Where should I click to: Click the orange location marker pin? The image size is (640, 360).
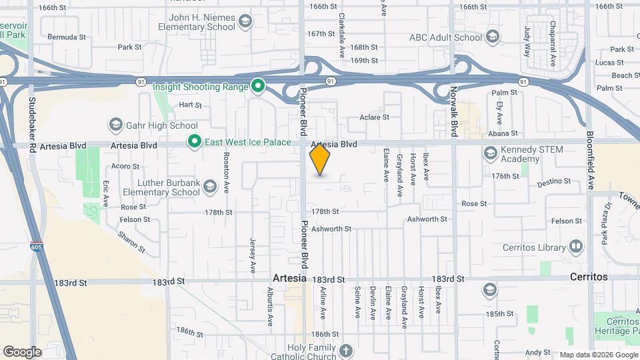pyautogui.click(x=320, y=159)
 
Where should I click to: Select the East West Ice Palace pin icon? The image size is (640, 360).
pyautogui.click(x=194, y=141)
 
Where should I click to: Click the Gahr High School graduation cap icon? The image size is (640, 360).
pyautogui.click(x=116, y=125)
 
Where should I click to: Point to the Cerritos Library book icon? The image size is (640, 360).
pyautogui.click(x=576, y=247)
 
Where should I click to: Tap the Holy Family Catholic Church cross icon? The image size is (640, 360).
pyautogui.click(x=346, y=350)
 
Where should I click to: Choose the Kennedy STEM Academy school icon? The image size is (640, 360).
pyautogui.click(x=490, y=153)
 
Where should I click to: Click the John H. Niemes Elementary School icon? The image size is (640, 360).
pyautogui.click(x=245, y=22)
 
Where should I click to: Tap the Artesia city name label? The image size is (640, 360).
pyautogui.click(x=289, y=277)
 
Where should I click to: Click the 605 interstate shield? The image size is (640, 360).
pyautogui.click(x=37, y=247)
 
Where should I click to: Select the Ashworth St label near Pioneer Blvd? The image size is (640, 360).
pyautogui.click(x=331, y=229)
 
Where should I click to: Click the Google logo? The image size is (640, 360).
pyautogui.click(x=22, y=351)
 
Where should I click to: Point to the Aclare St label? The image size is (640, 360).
pyautogui.click(x=374, y=117)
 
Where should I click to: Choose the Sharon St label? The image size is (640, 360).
pyautogui.click(x=131, y=241)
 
